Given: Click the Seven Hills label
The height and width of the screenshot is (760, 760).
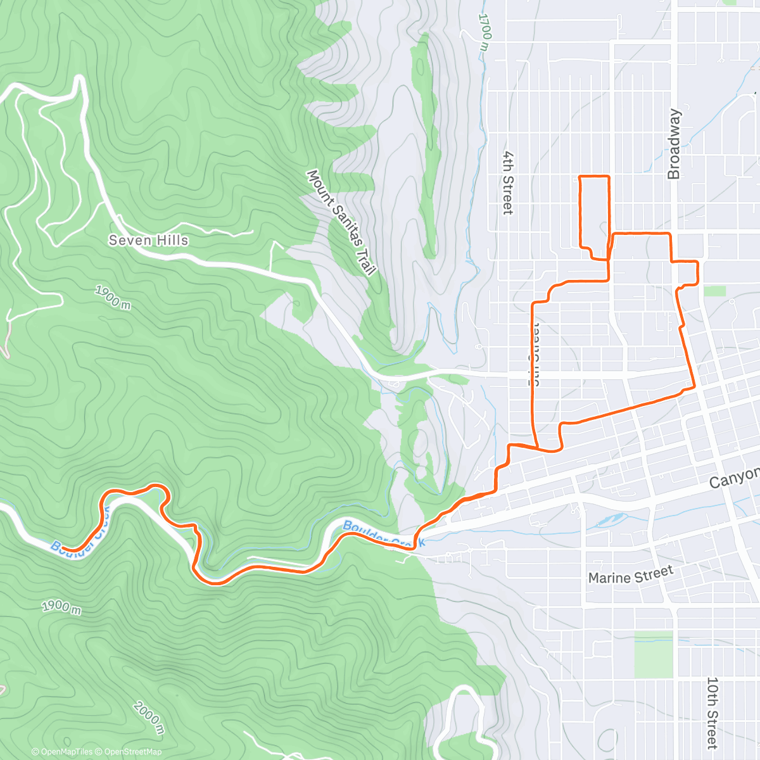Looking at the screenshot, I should [148, 240].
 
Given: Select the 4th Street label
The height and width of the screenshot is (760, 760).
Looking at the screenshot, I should [507, 182].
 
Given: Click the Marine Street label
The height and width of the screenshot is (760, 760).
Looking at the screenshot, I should [630, 575].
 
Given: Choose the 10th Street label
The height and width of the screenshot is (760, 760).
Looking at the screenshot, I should [712, 712].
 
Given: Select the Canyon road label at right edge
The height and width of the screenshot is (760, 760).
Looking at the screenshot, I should [733, 476].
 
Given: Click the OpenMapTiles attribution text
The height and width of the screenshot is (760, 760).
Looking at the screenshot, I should [66, 752].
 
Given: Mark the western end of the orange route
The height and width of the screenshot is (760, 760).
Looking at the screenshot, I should [63, 549].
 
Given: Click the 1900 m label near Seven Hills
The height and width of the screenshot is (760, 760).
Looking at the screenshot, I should [113, 297].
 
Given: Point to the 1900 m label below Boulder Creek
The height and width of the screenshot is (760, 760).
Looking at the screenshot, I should [61, 606].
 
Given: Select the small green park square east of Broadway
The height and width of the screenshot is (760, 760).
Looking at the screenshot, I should [714, 291].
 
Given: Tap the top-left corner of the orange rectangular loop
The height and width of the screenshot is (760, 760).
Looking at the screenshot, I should [581, 177].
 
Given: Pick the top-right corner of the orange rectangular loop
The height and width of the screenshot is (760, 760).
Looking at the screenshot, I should [609, 177].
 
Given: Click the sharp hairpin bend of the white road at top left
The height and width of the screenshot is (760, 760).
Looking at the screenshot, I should [80, 79].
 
